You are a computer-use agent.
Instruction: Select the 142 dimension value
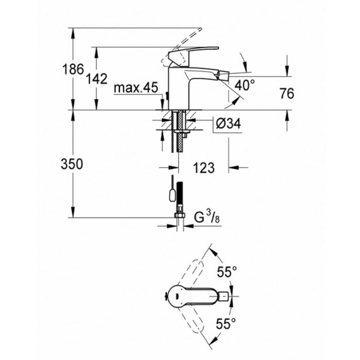pyautogui.click(x=97, y=79)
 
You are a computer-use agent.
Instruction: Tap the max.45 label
pyautogui.click(x=136, y=88)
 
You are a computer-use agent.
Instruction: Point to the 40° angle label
pyautogui.click(x=245, y=83)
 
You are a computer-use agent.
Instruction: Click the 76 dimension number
pyautogui.click(x=287, y=94)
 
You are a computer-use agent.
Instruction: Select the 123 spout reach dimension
pyautogui.click(x=204, y=167)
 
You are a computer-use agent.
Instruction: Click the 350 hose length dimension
pyautogui.click(x=71, y=164)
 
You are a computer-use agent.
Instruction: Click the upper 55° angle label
pyautogui.click(x=226, y=272)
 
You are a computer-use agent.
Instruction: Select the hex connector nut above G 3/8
pyautogui.click(x=179, y=211)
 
